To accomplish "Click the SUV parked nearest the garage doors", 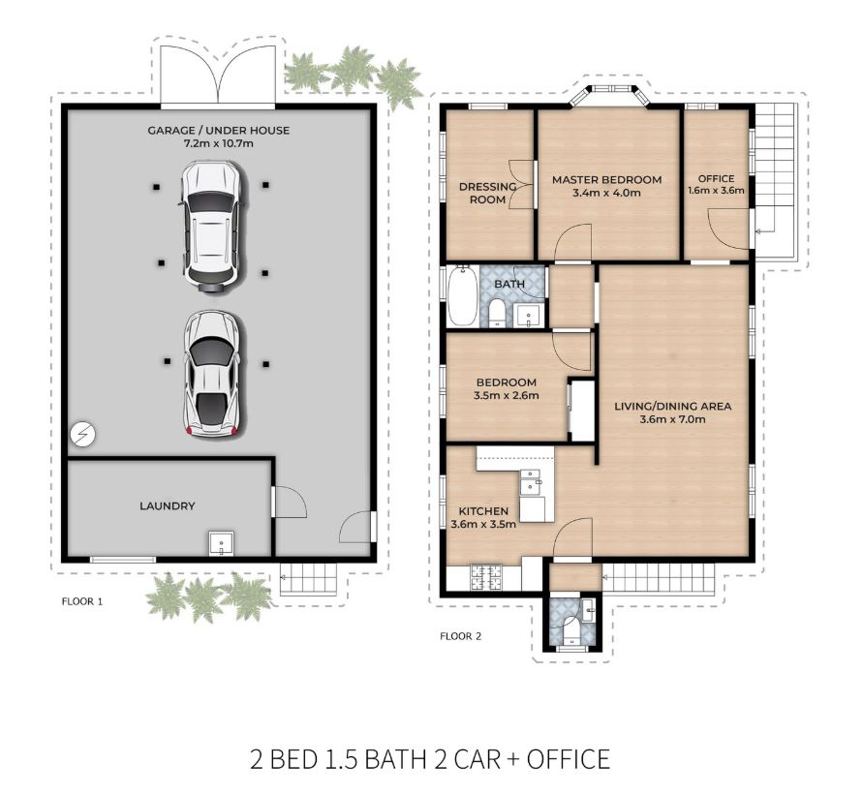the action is tap(212, 226).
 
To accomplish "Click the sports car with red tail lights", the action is tap(212, 374).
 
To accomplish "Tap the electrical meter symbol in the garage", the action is tap(82, 435).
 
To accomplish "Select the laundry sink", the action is tap(221, 543).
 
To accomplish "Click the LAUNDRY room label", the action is tap(168, 505).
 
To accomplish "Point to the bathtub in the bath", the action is tap(462, 296).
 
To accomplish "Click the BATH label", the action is tap(509, 284).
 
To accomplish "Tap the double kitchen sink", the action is tap(531, 481).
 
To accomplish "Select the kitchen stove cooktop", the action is tap(486, 578).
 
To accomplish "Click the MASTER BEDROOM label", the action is tap(606, 179).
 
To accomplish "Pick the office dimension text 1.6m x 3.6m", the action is tap(716, 191).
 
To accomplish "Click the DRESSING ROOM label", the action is tap(487, 193).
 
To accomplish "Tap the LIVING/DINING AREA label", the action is tap(672, 406).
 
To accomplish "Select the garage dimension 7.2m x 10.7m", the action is tap(219, 143).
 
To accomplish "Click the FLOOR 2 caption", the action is tap(461, 636).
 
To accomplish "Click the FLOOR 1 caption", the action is tap(82, 601).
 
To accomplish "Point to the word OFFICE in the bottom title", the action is tap(568, 759).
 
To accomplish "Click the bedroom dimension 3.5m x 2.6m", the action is tap(506, 395).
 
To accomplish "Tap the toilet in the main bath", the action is tap(497, 313).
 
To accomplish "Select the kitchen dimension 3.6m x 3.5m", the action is tap(483, 524).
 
